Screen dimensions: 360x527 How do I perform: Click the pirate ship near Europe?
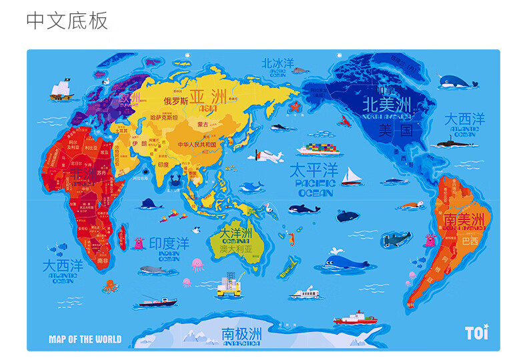[60, 88]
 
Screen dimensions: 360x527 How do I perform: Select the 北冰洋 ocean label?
[278, 63]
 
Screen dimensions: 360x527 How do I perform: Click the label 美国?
[394, 129]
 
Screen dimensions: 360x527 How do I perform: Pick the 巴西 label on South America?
[470, 240]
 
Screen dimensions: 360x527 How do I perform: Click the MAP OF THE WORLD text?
[85, 339]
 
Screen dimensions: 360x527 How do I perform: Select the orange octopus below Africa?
[109, 287]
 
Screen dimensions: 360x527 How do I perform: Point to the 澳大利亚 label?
[236, 249]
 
